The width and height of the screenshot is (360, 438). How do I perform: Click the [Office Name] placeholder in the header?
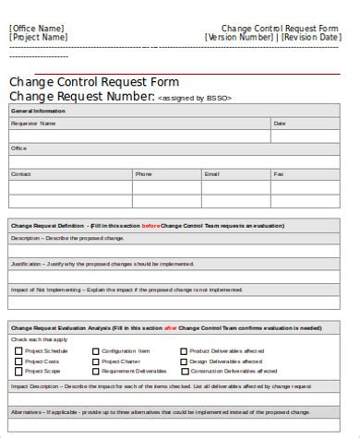(x=37, y=28)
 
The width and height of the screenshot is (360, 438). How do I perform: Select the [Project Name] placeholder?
(x=39, y=38)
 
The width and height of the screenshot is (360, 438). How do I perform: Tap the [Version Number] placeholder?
(x=241, y=38)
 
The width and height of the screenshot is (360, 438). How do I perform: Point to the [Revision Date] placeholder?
(x=312, y=38)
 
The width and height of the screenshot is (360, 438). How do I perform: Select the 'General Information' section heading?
(x=33, y=111)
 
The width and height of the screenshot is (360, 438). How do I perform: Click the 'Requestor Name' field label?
(x=33, y=123)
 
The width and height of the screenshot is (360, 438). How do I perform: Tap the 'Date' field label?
(x=280, y=123)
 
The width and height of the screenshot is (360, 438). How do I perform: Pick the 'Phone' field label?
(x=143, y=173)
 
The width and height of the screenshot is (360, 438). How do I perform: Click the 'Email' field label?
(x=211, y=173)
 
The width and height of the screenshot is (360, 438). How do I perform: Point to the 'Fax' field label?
(x=279, y=173)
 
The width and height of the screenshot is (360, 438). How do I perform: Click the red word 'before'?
(x=150, y=224)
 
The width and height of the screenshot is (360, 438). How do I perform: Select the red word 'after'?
(x=170, y=326)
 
